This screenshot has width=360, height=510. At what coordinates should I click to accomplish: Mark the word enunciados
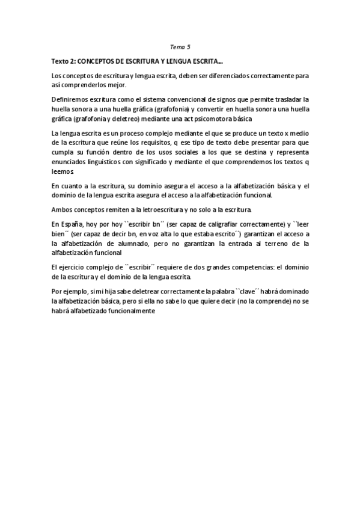click(x=69, y=162)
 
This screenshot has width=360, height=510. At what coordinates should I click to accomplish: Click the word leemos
click(x=62, y=172)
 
